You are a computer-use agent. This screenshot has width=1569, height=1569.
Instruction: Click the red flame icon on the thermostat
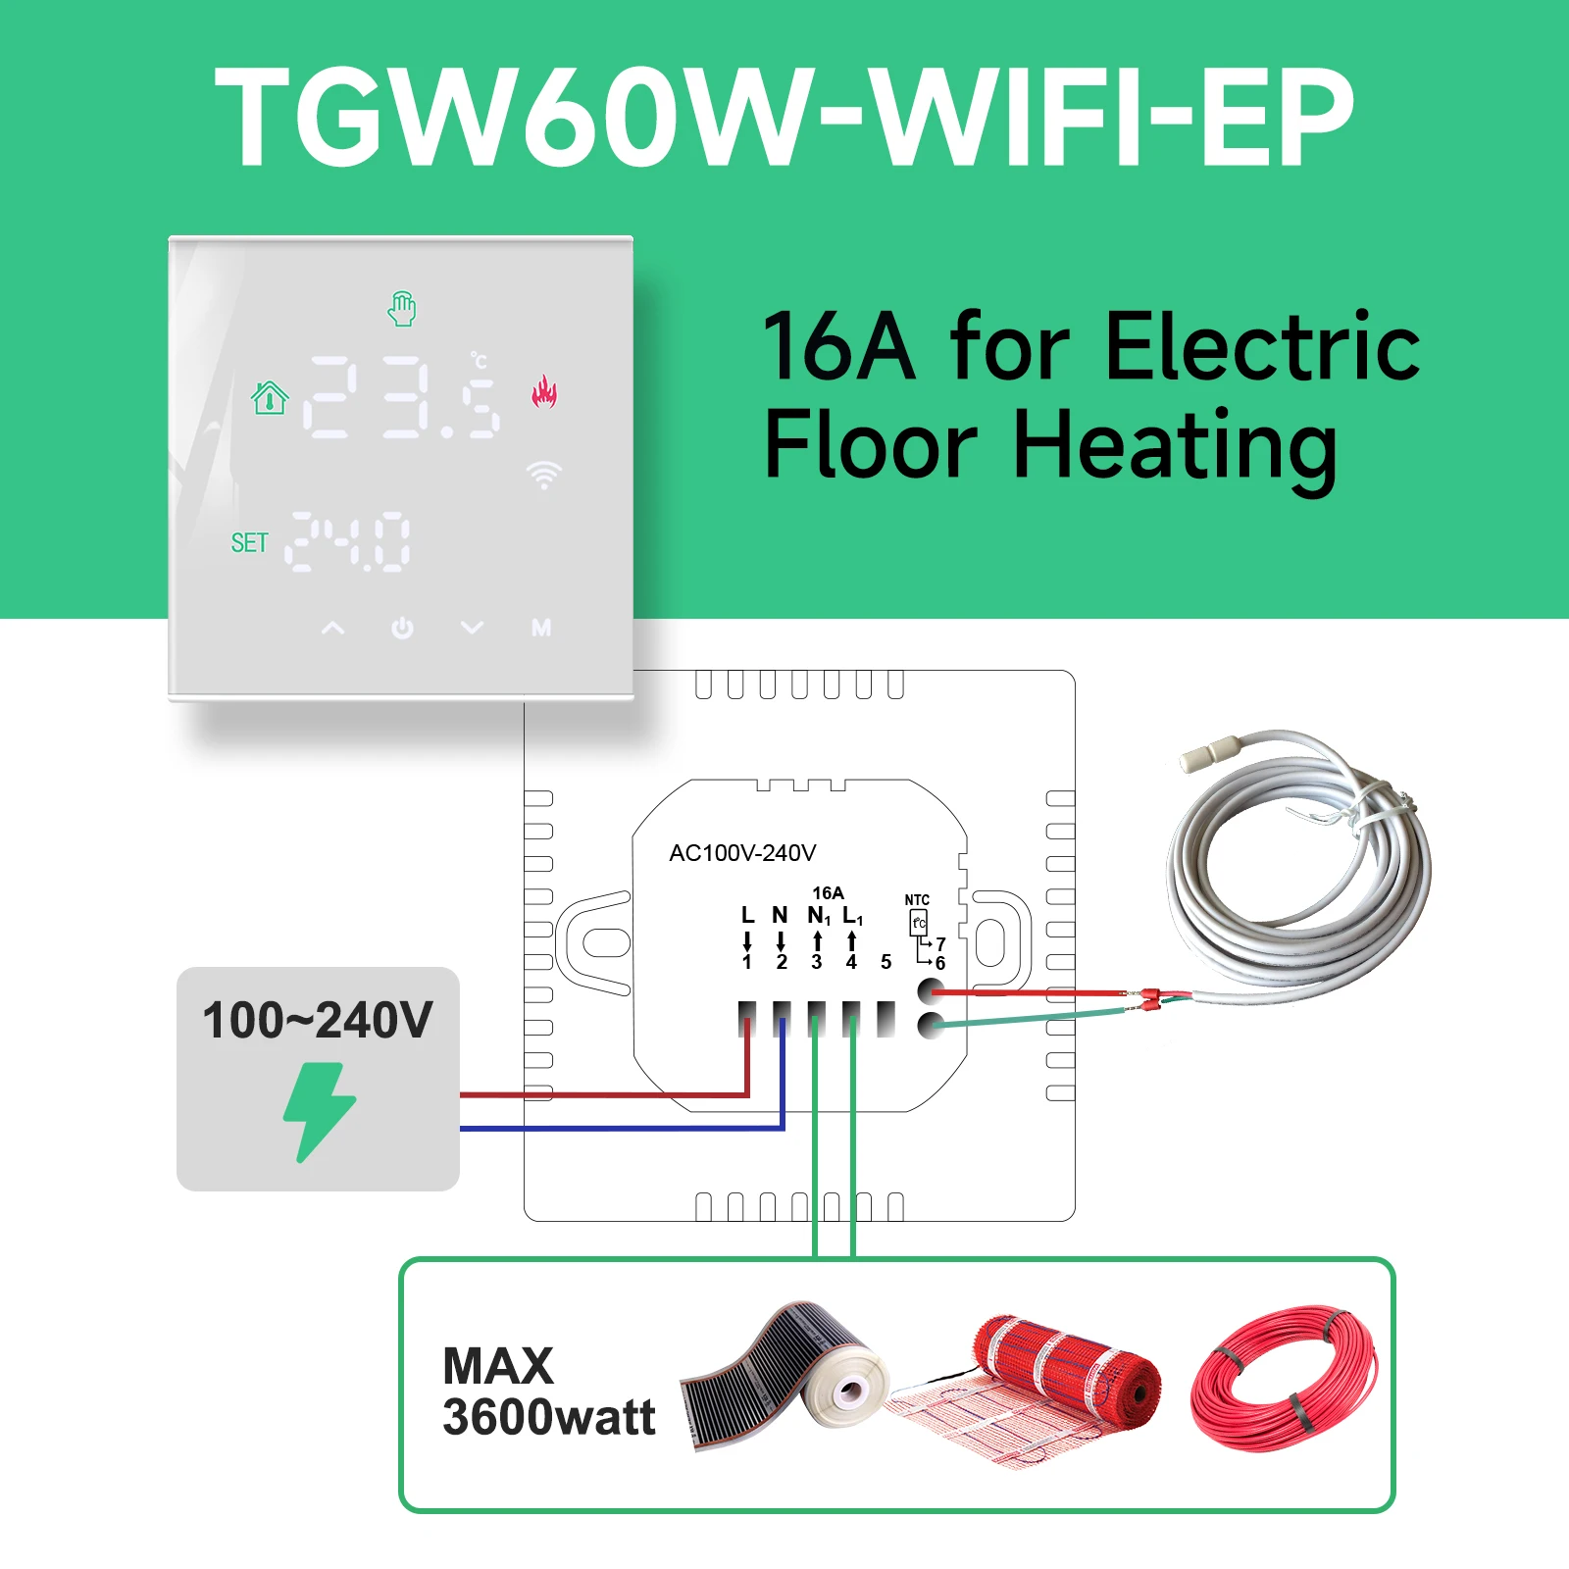(x=544, y=392)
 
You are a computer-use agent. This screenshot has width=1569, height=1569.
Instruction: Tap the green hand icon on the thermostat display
(x=402, y=309)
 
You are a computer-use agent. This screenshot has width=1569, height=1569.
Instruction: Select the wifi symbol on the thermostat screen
(x=543, y=475)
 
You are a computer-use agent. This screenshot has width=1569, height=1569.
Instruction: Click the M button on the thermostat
(x=541, y=628)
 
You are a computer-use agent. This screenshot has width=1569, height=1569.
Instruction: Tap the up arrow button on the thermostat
(x=333, y=628)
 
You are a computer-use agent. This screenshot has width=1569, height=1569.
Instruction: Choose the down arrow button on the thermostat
(x=473, y=628)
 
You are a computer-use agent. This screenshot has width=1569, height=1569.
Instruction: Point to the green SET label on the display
(x=249, y=543)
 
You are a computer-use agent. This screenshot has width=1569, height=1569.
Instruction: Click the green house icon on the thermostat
(x=270, y=397)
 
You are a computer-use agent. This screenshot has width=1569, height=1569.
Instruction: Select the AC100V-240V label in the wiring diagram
(x=742, y=853)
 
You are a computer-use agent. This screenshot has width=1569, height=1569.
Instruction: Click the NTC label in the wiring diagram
(x=917, y=900)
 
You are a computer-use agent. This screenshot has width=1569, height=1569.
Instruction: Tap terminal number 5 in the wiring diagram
(x=886, y=962)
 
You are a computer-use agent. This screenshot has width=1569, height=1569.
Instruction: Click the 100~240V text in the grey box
(x=317, y=1020)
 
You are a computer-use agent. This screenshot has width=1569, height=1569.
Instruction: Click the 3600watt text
(x=549, y=1417)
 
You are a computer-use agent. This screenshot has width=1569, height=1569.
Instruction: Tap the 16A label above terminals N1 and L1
(x=828, y=893)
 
